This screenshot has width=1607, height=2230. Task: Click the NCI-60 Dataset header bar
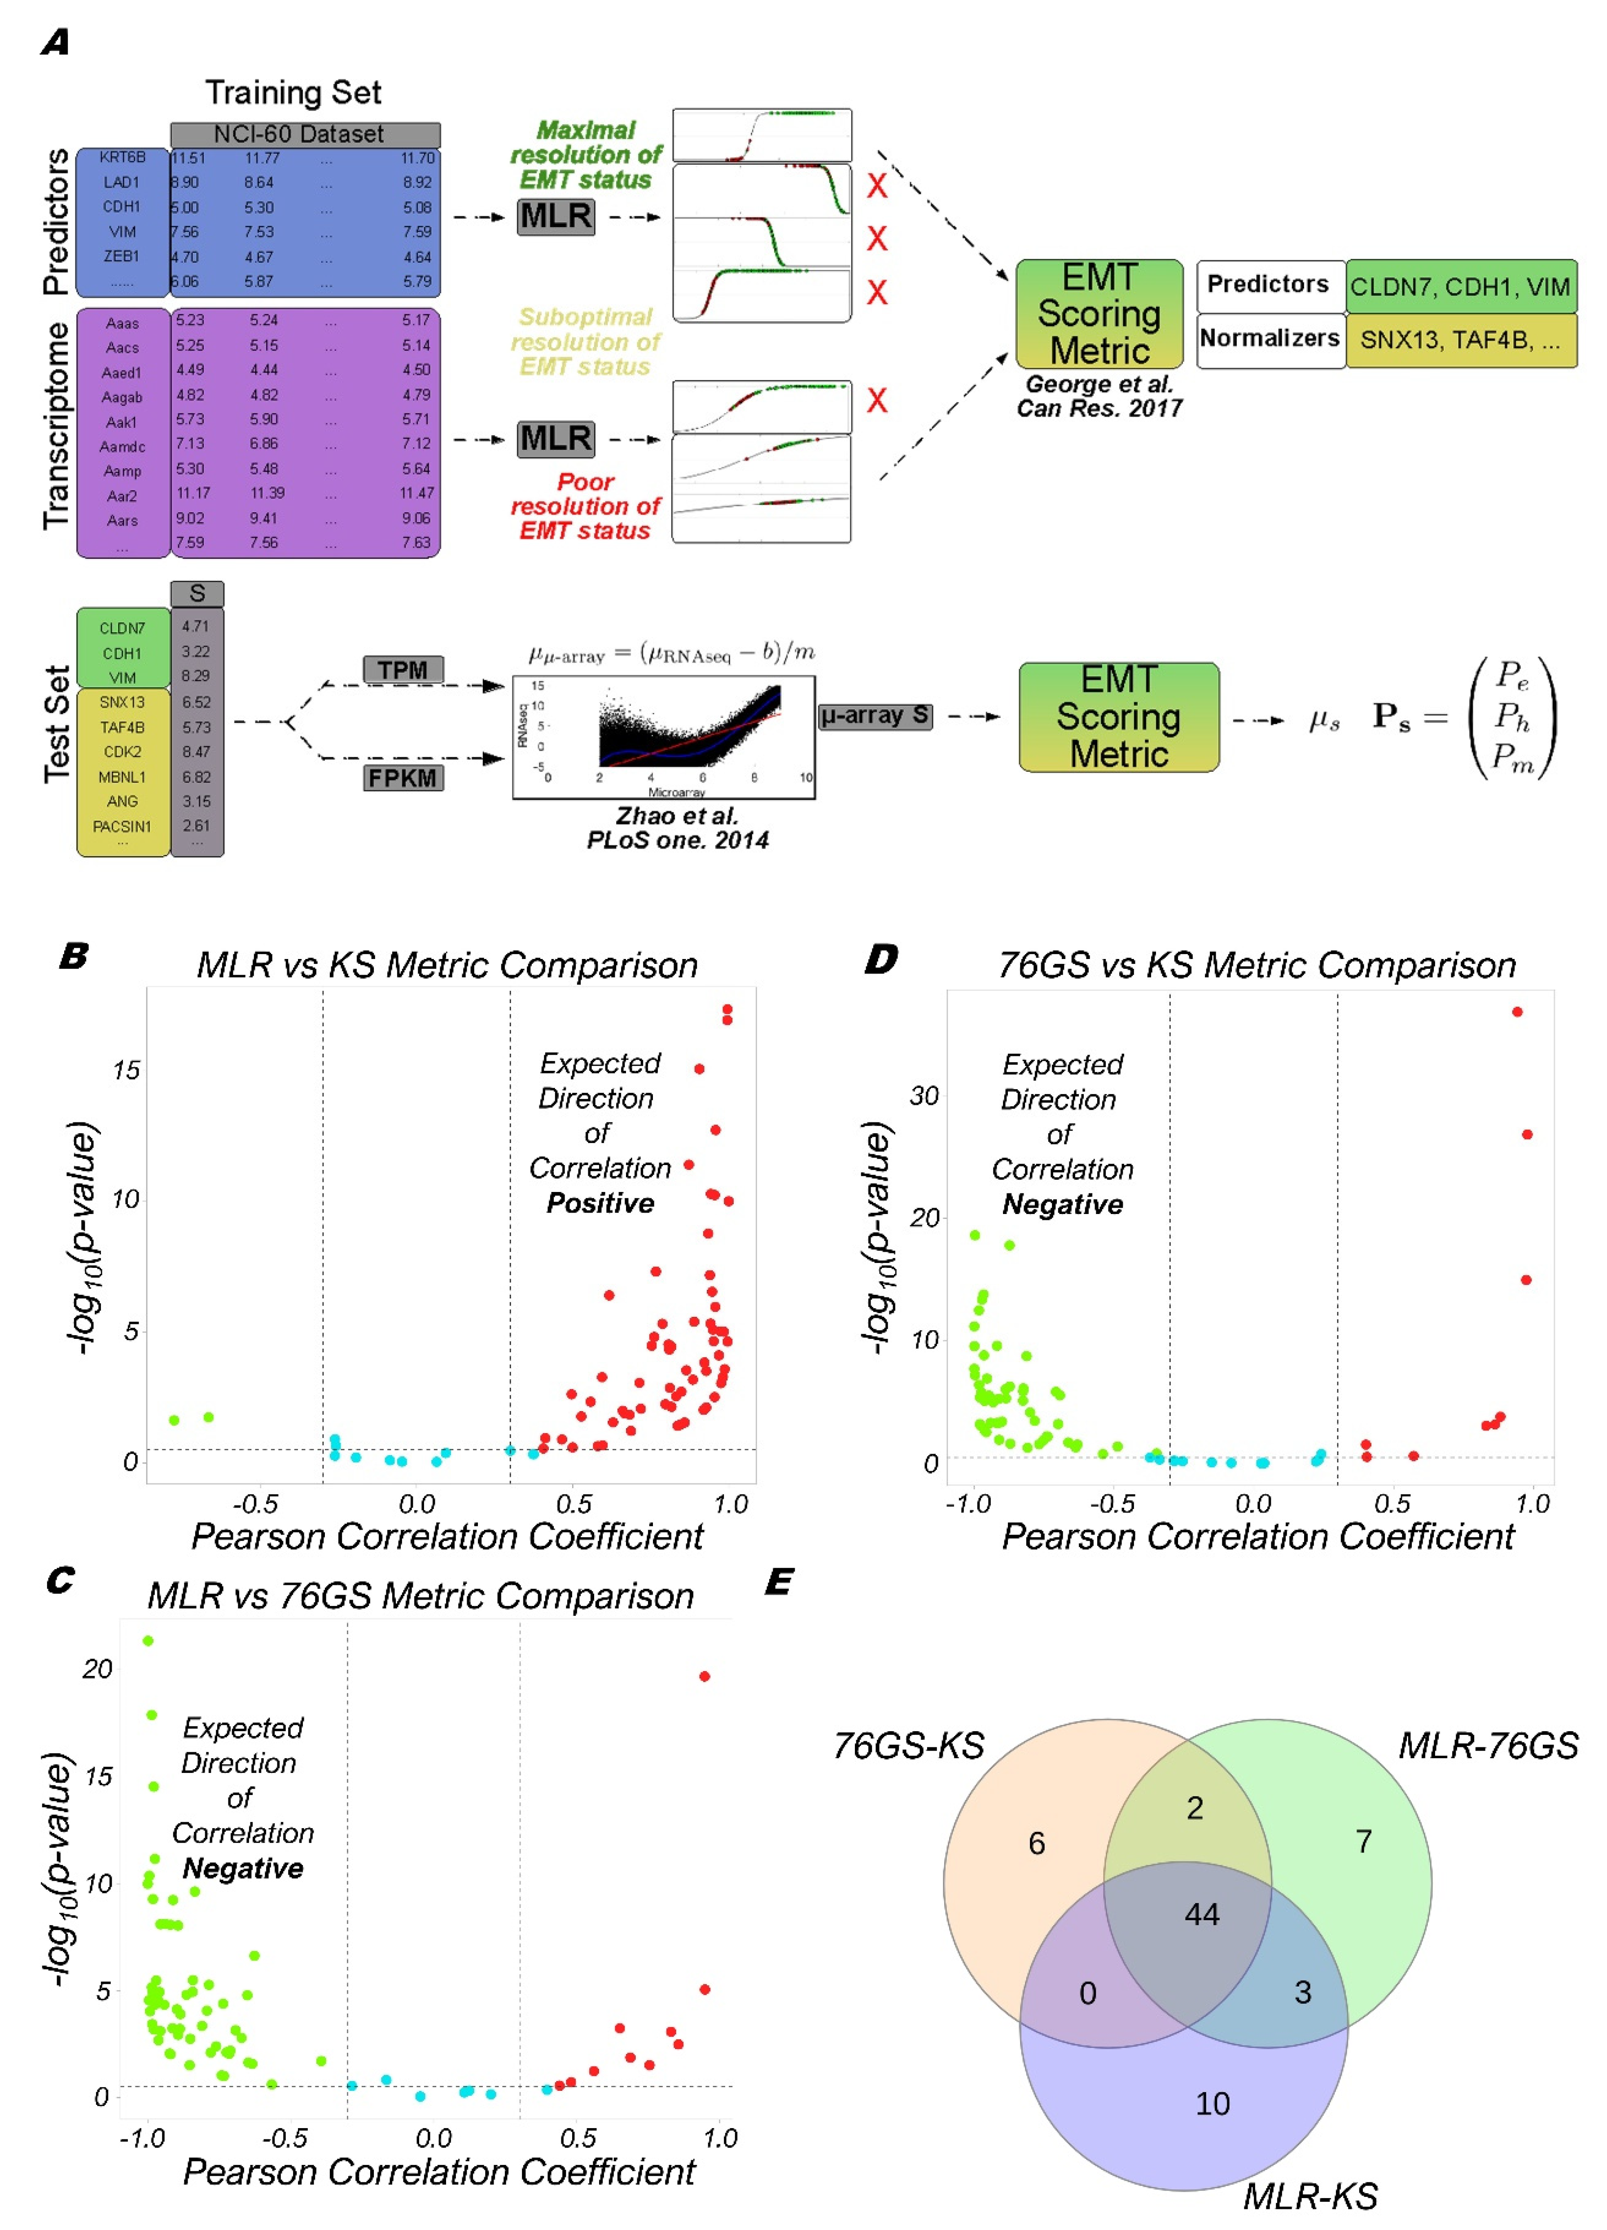(305, 134)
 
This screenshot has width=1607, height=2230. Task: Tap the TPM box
(403, 669)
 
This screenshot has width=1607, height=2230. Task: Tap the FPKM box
(403, 778)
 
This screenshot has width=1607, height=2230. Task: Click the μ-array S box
(875, 716)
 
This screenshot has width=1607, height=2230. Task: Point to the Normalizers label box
(1269, 339)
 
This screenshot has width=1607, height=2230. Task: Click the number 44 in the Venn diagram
(1201, 1913)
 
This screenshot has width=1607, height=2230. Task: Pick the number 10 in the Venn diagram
(1212, 2103)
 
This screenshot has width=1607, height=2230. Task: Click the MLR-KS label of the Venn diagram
(1310, 2195)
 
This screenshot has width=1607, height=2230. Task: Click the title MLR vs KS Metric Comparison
(447, 964)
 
